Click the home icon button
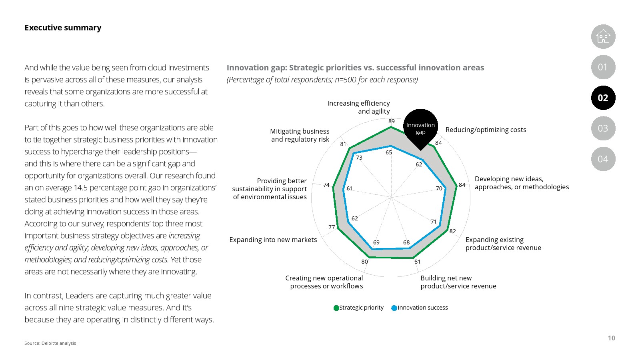click(603, 37)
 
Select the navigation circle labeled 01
click(603, 67)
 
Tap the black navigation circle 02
click(603, 98)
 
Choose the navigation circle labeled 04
click(603, 159)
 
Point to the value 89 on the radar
click(392, 121)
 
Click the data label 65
click(389, 152)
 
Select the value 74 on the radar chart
click(326, 185)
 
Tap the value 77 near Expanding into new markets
click(332, 227)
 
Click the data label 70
click(439, 188)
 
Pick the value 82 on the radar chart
click(452, 231)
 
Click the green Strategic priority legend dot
click(336, 308)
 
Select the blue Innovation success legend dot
click(394, 308)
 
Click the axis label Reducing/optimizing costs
click(486, 130)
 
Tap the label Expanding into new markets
click(273, 240)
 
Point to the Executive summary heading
click(63, 28)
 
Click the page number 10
click(611, 338)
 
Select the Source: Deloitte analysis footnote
click(51, 343)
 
